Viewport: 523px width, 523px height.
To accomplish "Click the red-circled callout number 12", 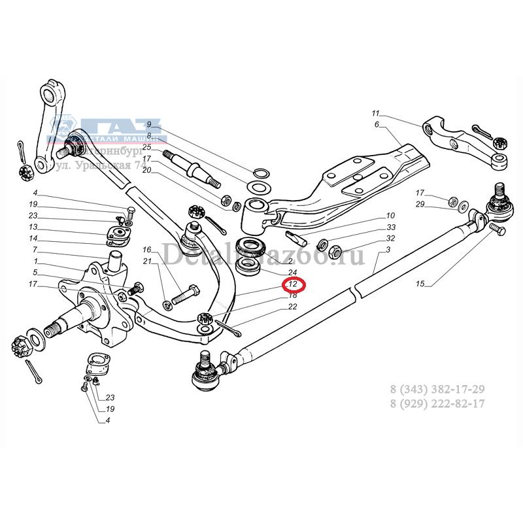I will pos(294,284).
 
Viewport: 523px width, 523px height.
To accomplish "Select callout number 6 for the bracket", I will pos(377,124).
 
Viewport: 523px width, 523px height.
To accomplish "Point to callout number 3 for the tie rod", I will pos(388,250).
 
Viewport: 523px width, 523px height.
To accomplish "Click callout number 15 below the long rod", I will pos(420,284).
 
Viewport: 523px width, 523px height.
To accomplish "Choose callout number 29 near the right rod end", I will pos(420,204).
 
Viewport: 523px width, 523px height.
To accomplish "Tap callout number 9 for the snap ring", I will pos(148,124).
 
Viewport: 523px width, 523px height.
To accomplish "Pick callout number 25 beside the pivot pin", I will pos(147,147).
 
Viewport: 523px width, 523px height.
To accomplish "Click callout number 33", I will pos(391,227).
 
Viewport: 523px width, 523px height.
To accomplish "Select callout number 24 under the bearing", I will pos(292,273).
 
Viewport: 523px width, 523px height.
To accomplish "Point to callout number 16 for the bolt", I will pos(147,250).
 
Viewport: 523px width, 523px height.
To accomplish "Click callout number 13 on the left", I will pos(33,227).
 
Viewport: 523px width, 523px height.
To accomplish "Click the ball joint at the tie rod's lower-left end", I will pos(206,374).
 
